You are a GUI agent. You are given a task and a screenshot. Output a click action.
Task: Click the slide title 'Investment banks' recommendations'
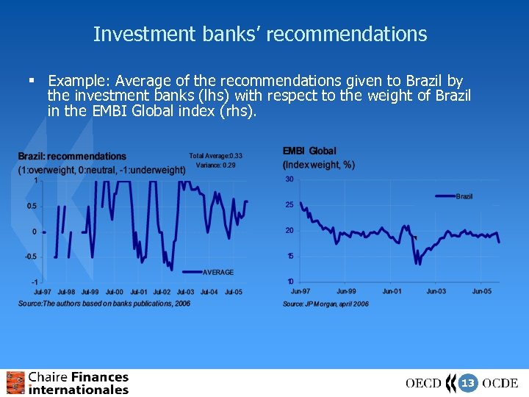pos(260,34)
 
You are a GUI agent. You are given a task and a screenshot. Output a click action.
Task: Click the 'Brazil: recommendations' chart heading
pos(72,157)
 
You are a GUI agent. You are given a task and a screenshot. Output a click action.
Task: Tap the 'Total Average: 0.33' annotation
pos(215,156)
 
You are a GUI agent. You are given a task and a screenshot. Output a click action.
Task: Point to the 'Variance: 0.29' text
pos(216,165)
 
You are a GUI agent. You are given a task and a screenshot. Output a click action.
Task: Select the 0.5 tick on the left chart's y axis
pos(31,207)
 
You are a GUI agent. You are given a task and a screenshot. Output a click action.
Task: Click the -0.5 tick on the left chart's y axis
pos(30,257)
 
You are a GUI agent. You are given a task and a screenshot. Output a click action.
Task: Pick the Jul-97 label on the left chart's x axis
pos(43,293)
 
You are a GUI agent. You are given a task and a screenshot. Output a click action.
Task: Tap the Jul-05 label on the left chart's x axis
pos(233,293)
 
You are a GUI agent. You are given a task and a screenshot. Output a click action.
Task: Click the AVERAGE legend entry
pos(217,272)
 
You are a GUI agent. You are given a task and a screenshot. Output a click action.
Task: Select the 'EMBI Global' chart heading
pos(309,151)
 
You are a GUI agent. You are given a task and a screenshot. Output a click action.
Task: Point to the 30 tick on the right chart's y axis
pos(289,179)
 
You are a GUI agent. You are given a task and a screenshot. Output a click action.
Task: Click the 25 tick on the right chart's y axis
pos(289,205)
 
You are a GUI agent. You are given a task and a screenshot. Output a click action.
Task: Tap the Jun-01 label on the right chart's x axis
pos(392,292)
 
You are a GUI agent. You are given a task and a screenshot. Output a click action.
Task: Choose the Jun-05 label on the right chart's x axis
pos(482,292)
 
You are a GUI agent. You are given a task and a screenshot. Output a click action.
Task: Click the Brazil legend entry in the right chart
pos(464,196)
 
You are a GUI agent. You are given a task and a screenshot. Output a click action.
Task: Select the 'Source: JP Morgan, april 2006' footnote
pos(325,304)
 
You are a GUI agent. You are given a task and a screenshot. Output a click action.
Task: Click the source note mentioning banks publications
pos(104,304)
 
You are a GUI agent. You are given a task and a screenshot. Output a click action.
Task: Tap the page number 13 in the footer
pos(467,383)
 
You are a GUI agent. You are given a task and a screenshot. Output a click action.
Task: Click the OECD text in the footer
pos(423,383)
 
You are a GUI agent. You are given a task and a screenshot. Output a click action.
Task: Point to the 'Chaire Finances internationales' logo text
pos(78,383)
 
